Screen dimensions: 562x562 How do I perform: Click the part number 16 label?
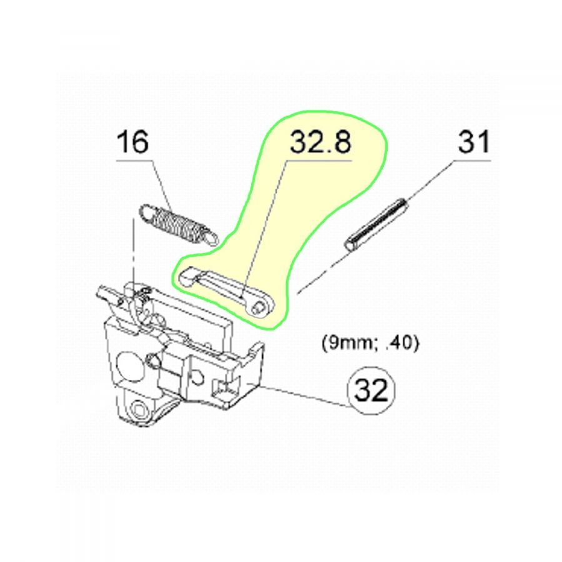(x=132, y=142)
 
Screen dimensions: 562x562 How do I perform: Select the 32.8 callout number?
(x=320, y=142)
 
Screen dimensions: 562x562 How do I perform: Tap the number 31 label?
(x=474, y=142)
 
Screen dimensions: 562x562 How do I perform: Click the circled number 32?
(x=371, y=390)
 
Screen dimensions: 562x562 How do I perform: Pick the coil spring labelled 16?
(x=178, y=225)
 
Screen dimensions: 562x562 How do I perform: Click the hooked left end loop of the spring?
(x=146, y=213)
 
